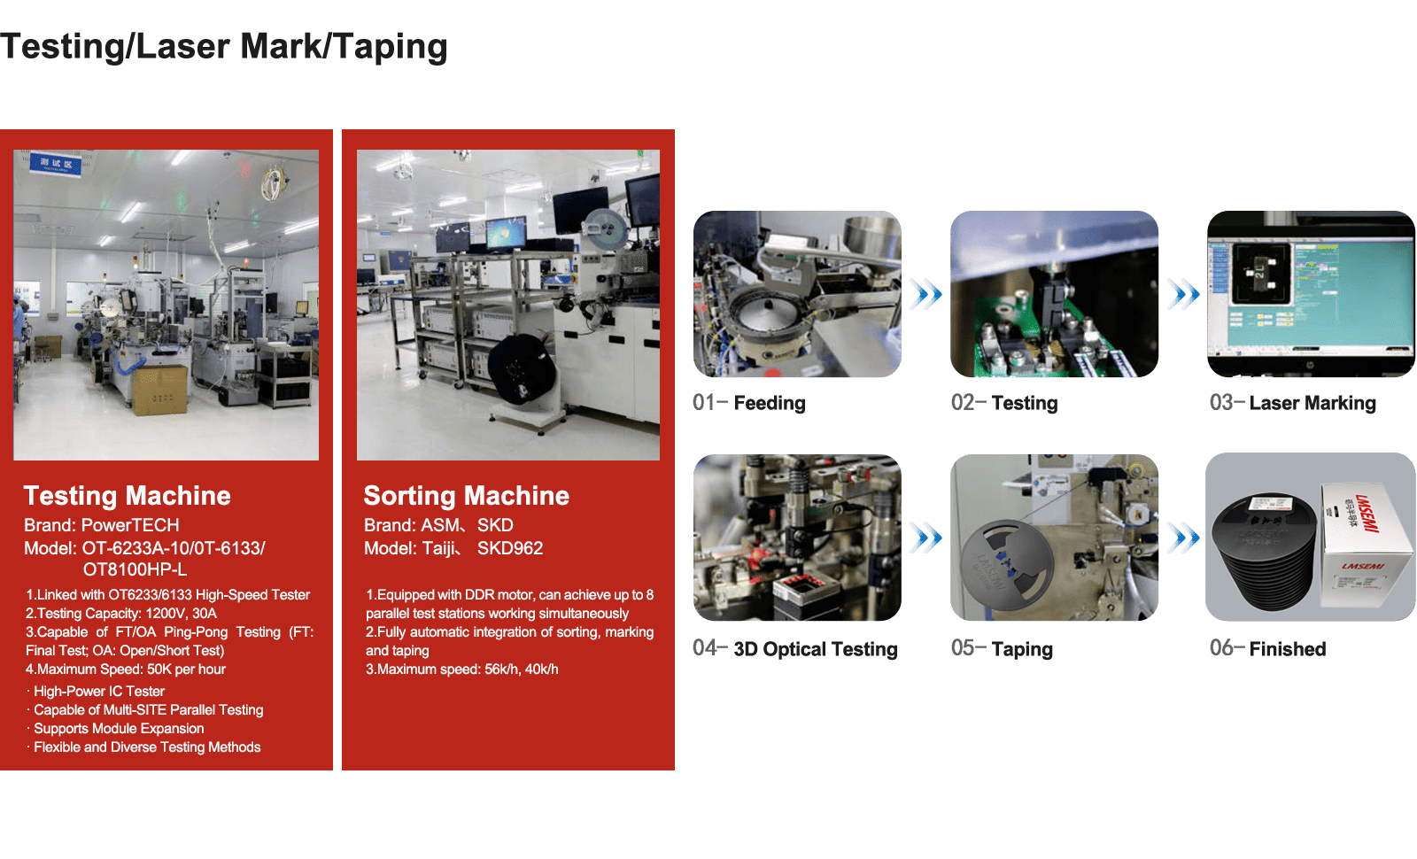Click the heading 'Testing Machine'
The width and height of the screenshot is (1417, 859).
128,496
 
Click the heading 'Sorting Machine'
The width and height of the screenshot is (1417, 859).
466,496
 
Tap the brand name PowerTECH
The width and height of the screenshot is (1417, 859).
130,525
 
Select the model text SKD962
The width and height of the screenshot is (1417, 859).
510,548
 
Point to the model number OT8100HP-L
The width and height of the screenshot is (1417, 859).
135,569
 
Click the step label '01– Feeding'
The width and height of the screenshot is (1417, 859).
749,402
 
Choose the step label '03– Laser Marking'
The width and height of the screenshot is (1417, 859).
1292,402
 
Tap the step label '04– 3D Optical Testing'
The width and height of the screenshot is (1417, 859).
795,648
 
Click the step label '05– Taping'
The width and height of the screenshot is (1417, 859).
1002,648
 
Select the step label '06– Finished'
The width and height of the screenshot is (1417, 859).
1267,648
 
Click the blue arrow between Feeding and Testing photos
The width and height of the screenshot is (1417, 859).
926,294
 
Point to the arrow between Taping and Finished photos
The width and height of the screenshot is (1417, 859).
1183,538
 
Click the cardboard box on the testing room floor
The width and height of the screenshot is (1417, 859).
160,390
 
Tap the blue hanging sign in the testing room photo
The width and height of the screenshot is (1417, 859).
55,165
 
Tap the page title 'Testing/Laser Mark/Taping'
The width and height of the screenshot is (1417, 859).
224,47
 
